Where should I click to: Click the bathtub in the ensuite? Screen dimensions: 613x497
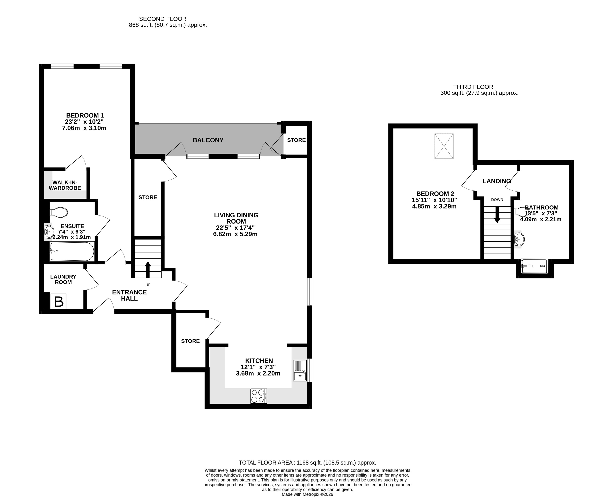(x=72, y=251)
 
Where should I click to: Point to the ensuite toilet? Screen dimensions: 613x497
(x=59, y=212)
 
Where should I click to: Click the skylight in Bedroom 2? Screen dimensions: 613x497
(x=444, y=146)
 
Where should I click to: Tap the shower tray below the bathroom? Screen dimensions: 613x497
(x=534, y=266)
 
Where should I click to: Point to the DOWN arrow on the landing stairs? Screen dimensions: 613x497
(x=497, y=214)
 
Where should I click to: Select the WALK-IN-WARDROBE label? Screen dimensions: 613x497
(x=65, y=185)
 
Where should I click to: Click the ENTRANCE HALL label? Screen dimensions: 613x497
(x=129, y=295)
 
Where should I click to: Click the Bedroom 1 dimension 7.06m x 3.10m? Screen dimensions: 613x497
(x=84, y=128)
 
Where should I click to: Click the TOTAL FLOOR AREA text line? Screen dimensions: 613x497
(x=307, y=463)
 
